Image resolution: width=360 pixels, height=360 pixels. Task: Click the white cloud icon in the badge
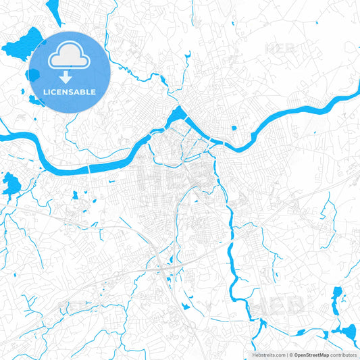click(70, 56)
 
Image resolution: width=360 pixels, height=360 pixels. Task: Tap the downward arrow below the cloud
click(70, 78)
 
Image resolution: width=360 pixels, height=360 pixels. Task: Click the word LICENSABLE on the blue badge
click(70, 92)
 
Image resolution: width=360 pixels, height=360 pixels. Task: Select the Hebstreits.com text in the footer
click(267, 355)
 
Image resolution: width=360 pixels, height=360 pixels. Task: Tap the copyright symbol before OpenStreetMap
click(291, 355)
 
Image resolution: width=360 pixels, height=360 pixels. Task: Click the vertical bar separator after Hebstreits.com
click(287, 355)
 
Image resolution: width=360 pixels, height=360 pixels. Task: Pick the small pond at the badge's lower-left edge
click(34, 101)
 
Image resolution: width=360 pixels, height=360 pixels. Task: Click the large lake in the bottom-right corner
click(348, 332)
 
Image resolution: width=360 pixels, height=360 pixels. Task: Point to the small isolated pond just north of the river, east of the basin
click(233, 128)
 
